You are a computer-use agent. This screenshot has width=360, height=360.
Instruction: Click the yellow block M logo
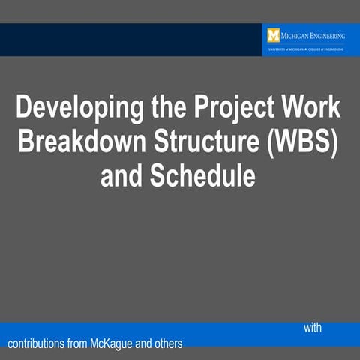click(273, 35)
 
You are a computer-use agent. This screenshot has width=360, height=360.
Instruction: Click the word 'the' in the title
click(161, 108)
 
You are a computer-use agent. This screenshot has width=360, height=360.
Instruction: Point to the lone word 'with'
click(313, 328)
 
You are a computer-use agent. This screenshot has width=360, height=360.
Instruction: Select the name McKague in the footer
click(115, 344)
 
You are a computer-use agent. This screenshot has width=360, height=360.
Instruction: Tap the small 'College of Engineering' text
click(325, 49)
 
